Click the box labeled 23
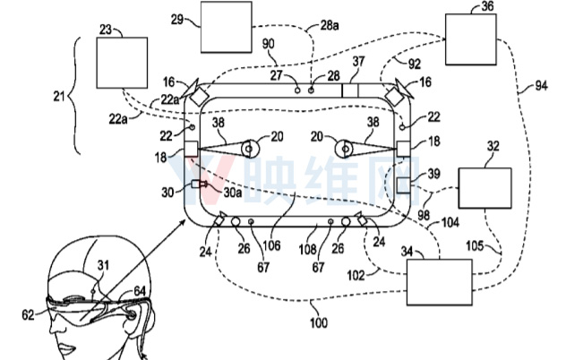pyautogui.click(x=121, y=64)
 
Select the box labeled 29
pyautogui.click(x=225, y=28)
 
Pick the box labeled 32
pyautogui.click(x=484, y=190)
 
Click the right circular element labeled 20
pyautogui.click(x=345, y=147)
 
